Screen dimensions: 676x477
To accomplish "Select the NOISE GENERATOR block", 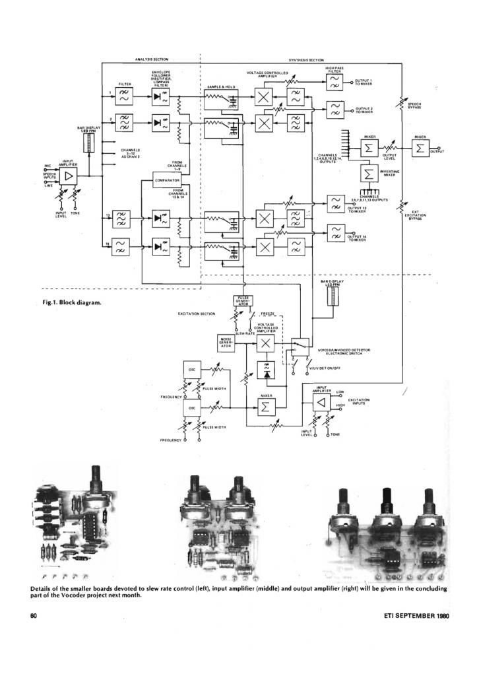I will pyautogui.click(x=226, y=343).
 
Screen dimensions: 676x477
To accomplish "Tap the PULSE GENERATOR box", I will pyautogui.click(x=241, y=301).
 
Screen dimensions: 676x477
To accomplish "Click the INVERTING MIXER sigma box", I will pyautogui.click(x=368, y=173).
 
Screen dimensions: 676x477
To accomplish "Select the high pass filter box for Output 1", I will pyautogui.click(x=334, y=81).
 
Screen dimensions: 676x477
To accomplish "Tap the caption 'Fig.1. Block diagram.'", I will pyautogui.click(x=70, y=303).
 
